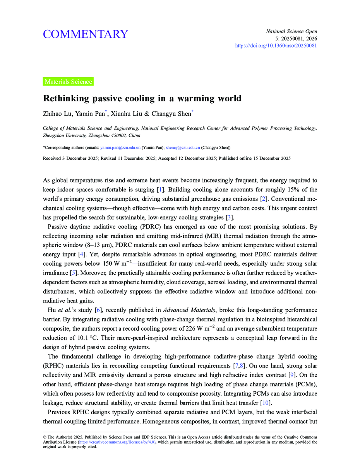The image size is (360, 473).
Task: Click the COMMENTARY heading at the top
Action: tap(85, 34)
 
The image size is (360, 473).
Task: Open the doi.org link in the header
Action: tap(276, 46)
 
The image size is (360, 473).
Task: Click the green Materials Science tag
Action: tap(68, 82)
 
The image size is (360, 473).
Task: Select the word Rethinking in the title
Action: tap(66, 99)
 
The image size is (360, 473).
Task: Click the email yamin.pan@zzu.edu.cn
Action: tap(120, 147)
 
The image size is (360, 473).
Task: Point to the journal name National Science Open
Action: tap(291, 31)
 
